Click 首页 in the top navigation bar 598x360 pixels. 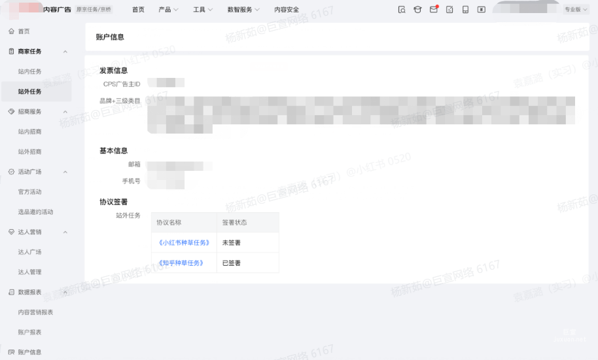tap(138, 10)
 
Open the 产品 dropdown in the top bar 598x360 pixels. tap(168, 10)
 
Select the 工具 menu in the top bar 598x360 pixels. tap(203, 10)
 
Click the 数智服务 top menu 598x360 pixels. tap(243, 10)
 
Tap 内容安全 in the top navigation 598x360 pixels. tap(287, 10)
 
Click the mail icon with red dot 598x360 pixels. tap(433, 9)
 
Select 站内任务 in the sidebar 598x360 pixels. tap(30, 71)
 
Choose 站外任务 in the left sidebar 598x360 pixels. tap(30, 92)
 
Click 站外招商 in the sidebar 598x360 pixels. tap(30, 152)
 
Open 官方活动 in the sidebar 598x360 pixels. tap(30, 192)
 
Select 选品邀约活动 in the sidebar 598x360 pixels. tap(36, 212)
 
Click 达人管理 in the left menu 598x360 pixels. tap(30, 272)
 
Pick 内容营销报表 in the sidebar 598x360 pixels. tap(36, 312)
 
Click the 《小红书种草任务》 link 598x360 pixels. tap(184, 243)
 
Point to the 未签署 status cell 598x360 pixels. tap(232, 243)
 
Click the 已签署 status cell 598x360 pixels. tap(232, 263)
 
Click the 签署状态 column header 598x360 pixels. tap(235, 223)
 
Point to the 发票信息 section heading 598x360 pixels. tap(113, 71)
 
